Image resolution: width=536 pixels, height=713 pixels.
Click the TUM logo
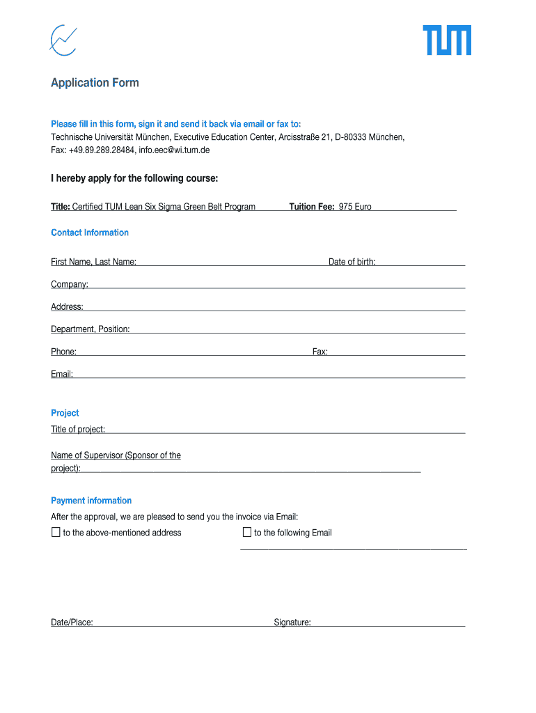point(447,40)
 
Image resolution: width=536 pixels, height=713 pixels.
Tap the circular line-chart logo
point(63,40)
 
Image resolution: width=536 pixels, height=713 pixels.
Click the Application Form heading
point(95,83)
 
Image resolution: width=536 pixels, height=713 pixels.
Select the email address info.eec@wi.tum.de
point(174,150)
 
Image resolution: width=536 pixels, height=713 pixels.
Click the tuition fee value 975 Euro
point(355,207)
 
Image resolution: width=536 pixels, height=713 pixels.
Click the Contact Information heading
point(90,233)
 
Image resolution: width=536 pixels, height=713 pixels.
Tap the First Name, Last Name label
point(93,262)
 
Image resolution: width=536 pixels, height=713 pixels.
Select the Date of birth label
point(352,262)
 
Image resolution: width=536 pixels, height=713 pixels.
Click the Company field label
point(69,284)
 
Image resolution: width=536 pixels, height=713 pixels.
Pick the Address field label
point(67,306)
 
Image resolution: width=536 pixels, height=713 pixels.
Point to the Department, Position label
point(90,329)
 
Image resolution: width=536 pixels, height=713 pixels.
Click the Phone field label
point(63,352)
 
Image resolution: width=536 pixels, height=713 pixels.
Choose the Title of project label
point(78,430)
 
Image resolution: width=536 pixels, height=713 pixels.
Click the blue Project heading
point(65,413)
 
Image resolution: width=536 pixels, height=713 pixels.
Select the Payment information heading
point(91,501)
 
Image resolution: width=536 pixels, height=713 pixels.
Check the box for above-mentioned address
point(56,533)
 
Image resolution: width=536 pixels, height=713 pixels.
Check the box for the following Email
point(246,533)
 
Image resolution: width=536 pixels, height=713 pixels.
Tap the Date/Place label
point(72,622)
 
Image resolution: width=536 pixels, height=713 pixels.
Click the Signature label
point(292,622)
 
